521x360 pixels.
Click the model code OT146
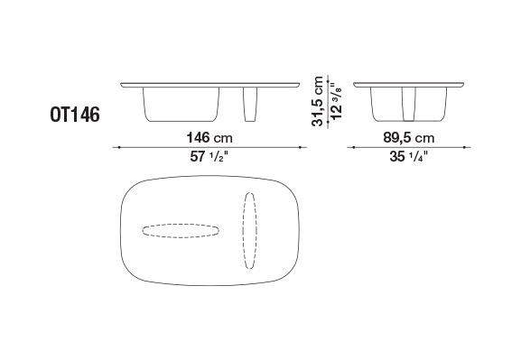pos(75,115)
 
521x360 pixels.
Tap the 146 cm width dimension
pos(209,137)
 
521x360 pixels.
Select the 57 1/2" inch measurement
pos(209,156)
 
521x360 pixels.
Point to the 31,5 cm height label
pos(318,101)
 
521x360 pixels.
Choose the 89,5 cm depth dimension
pos(409,137)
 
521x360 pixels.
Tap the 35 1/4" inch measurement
pos(409,156)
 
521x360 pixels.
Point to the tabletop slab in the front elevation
pos(210,85)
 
